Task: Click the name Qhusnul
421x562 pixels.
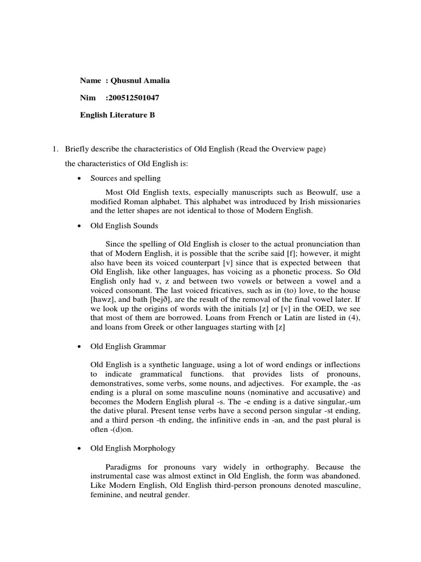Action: tap(126, 81)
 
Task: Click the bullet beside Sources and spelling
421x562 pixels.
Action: tap(80, 179)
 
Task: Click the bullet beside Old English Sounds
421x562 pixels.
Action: tap(80, 225)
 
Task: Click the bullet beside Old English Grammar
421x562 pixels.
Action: tap(80, 347)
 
